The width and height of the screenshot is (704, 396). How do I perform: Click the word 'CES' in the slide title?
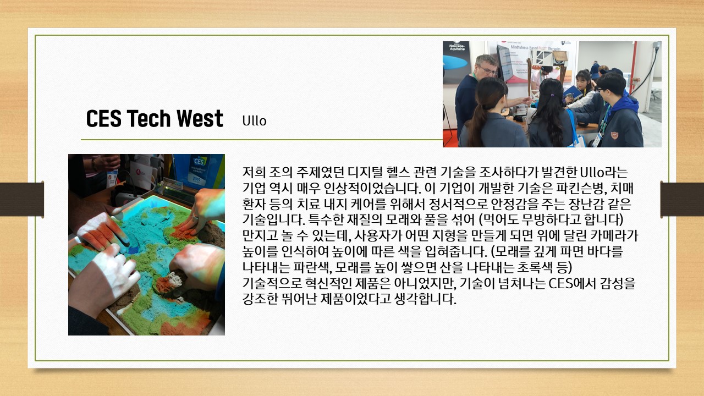click(x=104, y=118)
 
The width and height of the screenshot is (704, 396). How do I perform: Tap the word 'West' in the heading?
click(x=200, y=118)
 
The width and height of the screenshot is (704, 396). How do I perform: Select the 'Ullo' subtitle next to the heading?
click(x=254, y=120)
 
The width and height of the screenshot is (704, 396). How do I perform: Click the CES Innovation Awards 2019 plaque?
click(x=199, y=170)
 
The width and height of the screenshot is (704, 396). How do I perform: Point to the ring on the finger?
click(x=195, y=217)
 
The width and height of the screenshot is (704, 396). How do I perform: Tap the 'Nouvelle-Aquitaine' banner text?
click(x=457, y=47)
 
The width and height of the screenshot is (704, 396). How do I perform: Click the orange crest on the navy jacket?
click(x=614, y=135)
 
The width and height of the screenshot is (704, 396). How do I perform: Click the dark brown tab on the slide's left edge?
click(x=21, y=199)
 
